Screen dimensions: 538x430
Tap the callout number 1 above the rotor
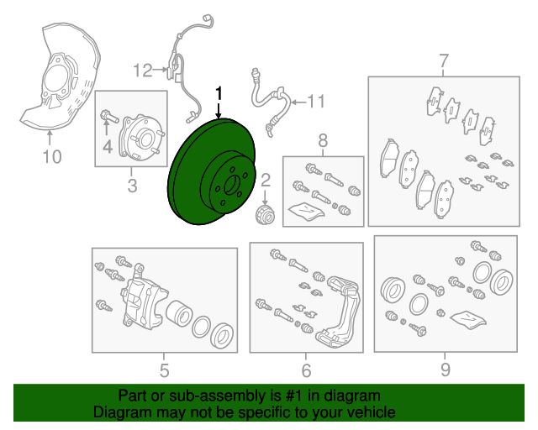(219, 93)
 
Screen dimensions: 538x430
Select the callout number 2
(266, 181)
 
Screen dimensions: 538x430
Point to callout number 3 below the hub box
(132, 186)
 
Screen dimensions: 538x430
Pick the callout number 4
(108, 146)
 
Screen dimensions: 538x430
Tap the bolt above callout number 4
(109, 116)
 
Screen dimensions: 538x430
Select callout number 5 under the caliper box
(165, 370)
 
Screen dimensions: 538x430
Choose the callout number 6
(306, 370)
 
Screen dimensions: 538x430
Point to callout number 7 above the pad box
(444, 61)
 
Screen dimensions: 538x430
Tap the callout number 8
(323, 140)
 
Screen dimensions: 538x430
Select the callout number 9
(445, 370)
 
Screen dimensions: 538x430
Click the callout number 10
(52, 157)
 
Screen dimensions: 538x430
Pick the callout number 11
(315, 102)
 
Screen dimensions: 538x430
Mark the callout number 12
(142, 71)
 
